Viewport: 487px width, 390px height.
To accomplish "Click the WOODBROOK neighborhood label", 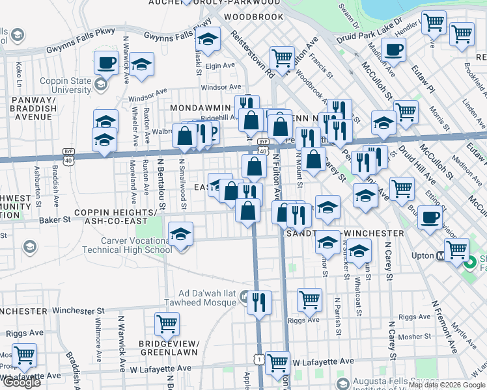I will (x=253, y=16).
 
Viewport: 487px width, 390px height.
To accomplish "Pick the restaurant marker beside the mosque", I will (x=260, y=302).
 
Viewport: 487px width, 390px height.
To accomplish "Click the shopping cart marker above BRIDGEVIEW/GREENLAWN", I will (x=167, y=323).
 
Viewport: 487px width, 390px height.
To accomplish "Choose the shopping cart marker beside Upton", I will (x=456, y=249).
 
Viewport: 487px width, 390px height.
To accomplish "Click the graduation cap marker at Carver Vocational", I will (x=180, y=233).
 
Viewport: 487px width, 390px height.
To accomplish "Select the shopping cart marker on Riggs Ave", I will (x=309, y=300).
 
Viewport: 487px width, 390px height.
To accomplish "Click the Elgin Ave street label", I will (x=219, y=66).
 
